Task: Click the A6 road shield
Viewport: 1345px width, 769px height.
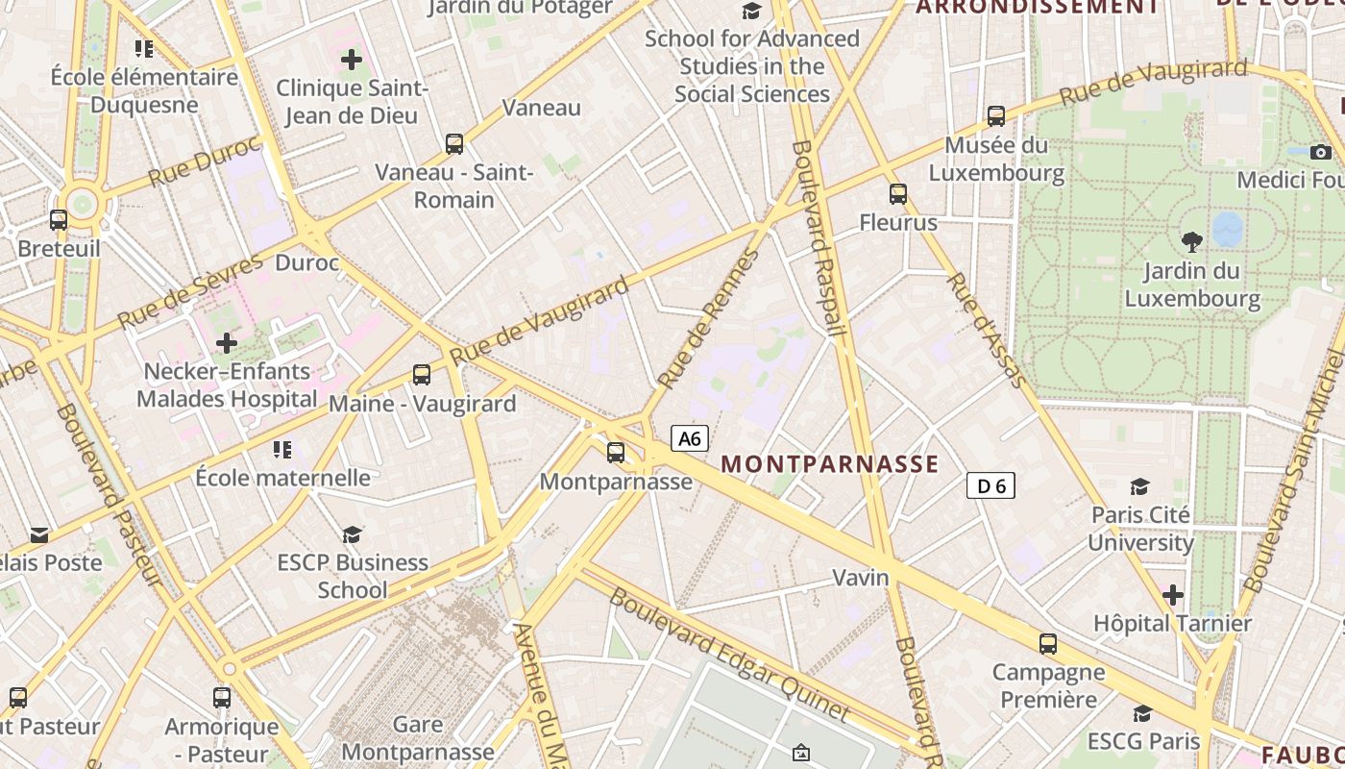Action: pyautogui.click(x=690, y=439)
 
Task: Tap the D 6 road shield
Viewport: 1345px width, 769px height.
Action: pyautogui.click(x=990, y=486)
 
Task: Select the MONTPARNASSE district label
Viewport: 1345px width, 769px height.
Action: pyautogui.click(x=829, y=464)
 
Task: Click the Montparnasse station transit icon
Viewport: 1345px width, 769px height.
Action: pyautogui.click(x=616, y=452)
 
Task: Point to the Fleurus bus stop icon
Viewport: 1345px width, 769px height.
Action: pyautogui.click(x=898, y=194)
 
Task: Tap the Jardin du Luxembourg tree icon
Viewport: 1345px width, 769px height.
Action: pyautogui.click(x=1192, y=241)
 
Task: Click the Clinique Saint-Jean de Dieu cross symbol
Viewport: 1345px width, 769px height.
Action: pyautogui.click(x=352, y=60)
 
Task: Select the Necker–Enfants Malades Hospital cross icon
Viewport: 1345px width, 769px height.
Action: pyautogui.click(x=227, y=342)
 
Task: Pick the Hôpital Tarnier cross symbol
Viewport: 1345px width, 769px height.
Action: pyautogui.click(x=1172, y=595)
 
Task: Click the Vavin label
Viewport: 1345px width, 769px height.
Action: pyautogui.click(x=861, y=578)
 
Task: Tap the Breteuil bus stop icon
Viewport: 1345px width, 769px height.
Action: pyautogui.click(x=59, y=220)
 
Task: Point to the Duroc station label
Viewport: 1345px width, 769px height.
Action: pyautogui.click(x=307, y=262)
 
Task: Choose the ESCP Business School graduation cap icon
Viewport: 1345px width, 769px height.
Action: pyautogui.click(x=353, y=533)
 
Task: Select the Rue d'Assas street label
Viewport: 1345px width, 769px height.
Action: pyautogui.click(x=987, y=330)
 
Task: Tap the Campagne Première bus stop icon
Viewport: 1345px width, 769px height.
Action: pyautogui.click(x=1048, y=644)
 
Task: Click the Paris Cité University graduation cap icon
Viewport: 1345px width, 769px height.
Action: pyautogui.click(x=1140, y=486)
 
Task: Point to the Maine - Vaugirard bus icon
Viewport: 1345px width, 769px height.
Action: pyautogui.click(x=422, y=375)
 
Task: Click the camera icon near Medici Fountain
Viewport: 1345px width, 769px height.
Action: pyautogui.click(x=1321, y=152)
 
